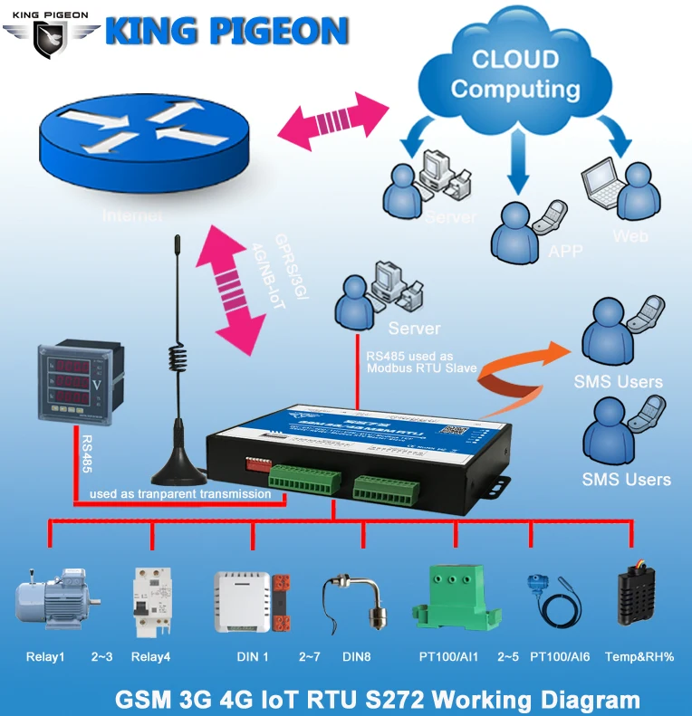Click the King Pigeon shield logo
[x=50, y=35]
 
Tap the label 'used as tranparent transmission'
[x=180, y=494]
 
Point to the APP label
[x=565, y=251]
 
